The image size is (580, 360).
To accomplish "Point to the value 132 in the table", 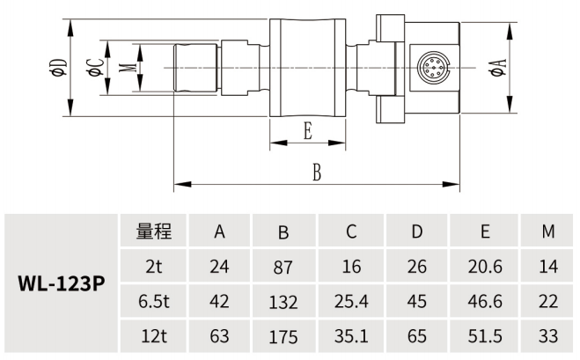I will point(283,302).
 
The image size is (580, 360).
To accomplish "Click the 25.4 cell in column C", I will point(350,302).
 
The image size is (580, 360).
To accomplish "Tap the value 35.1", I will point(350,336).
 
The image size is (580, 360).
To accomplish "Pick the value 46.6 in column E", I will point(485,302).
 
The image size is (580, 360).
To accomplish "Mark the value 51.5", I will point(485,336).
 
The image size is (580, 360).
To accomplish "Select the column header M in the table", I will point(548,232).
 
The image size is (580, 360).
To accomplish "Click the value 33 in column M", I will point(548,336).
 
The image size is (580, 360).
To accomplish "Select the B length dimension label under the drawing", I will point(316,172).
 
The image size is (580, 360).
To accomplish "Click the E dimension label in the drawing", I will point(307,133).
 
